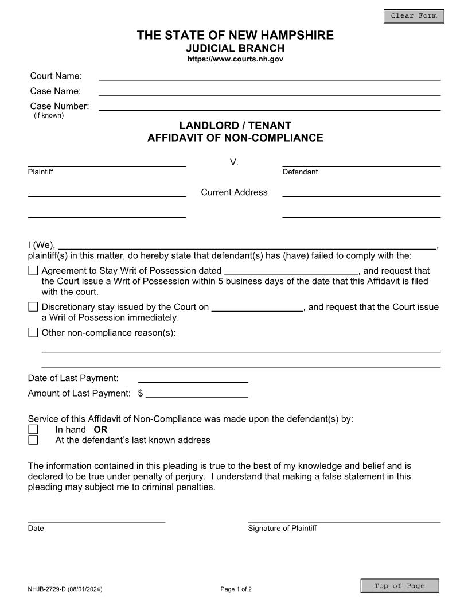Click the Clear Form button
click(414, 16)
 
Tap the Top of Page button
click(399, 586)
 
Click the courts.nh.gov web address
click(235, 59)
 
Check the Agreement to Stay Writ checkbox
click(33, 271)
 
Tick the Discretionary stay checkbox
click(33, 307)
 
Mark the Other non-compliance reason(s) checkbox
click(33, 332)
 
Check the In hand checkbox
click(33, 429)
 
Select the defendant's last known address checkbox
click(33, 440)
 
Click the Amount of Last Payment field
click(197, 393)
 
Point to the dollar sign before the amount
click(141, 394)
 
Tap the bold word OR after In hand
click(100, 429)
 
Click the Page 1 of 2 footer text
click(236, 589)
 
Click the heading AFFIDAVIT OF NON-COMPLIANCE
click(235, 138)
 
